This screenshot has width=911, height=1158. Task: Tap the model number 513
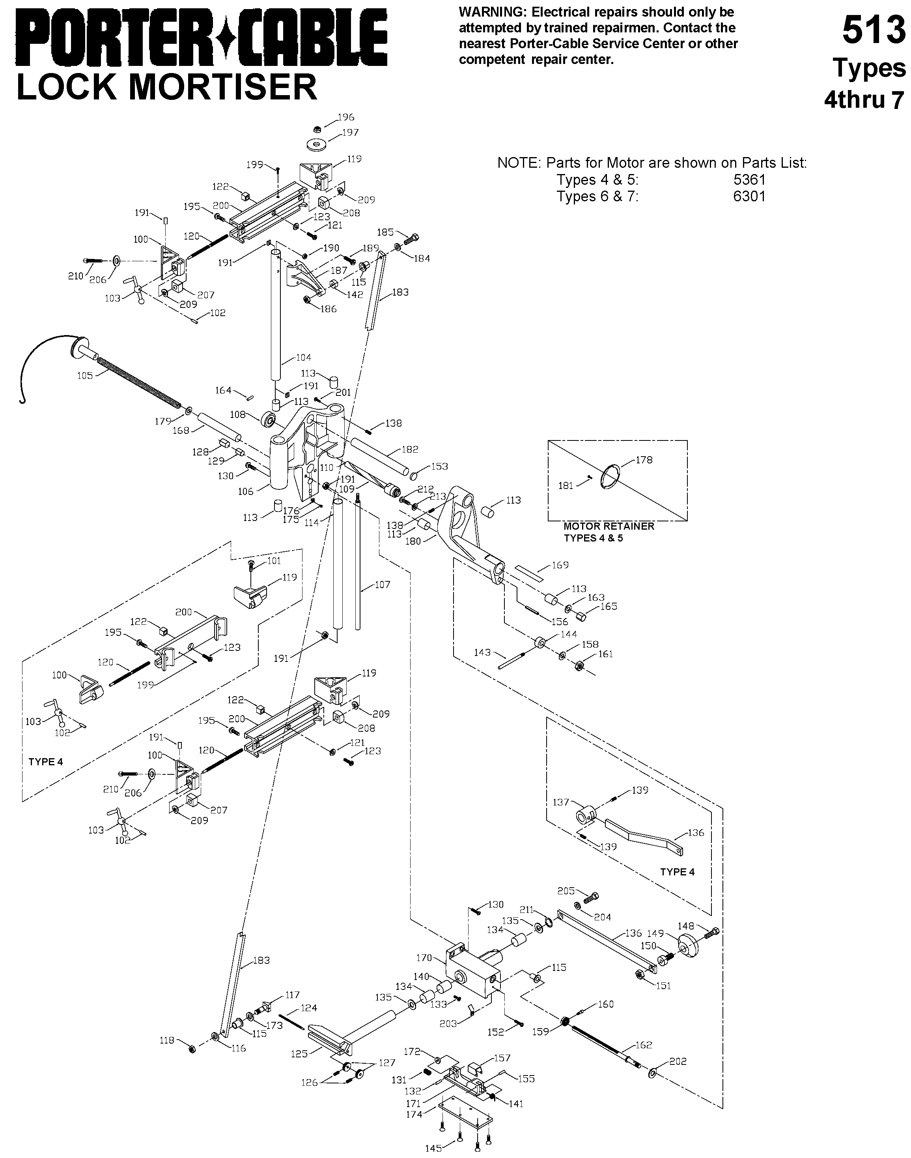[x=874, y=31]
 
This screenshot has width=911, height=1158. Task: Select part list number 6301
[x=749, y=197]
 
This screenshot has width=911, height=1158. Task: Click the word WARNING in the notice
[x=493, y=12]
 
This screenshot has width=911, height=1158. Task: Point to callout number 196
[x=345, y=117]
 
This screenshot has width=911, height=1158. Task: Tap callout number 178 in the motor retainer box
[x=644, y=459]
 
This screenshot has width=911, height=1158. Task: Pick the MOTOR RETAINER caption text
[x=609, y=526]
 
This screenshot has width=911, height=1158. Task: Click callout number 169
[x=560, y=564]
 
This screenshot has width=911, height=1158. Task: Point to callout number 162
[x=644, y=1045]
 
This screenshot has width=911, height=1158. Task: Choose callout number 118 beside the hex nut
[x=168, y=1040]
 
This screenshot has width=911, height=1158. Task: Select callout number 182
[x=410, y=449]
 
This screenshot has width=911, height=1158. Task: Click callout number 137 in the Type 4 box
[x=561, y=802]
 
